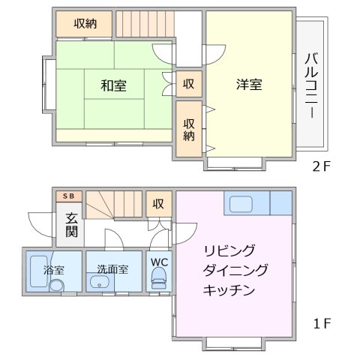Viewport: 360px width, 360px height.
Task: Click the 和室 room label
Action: (x=113, y=85)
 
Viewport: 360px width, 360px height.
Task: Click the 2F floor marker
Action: (x=322, y=167)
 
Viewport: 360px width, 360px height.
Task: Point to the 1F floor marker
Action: (x=322, y=325)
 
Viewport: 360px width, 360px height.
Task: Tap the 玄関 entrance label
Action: (x=71, y=226)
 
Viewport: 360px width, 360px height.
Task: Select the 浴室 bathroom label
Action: (x=53, y=268)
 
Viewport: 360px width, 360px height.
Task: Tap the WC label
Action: (x=160, y=262)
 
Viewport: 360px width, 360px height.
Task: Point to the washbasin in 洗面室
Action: (x=100, y=283)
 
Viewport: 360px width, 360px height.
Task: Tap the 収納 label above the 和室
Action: (x=85, y=23)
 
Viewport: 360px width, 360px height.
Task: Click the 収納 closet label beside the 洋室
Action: (x=190, y=129)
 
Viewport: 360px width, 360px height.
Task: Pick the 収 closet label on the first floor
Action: (x=158, y=203)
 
